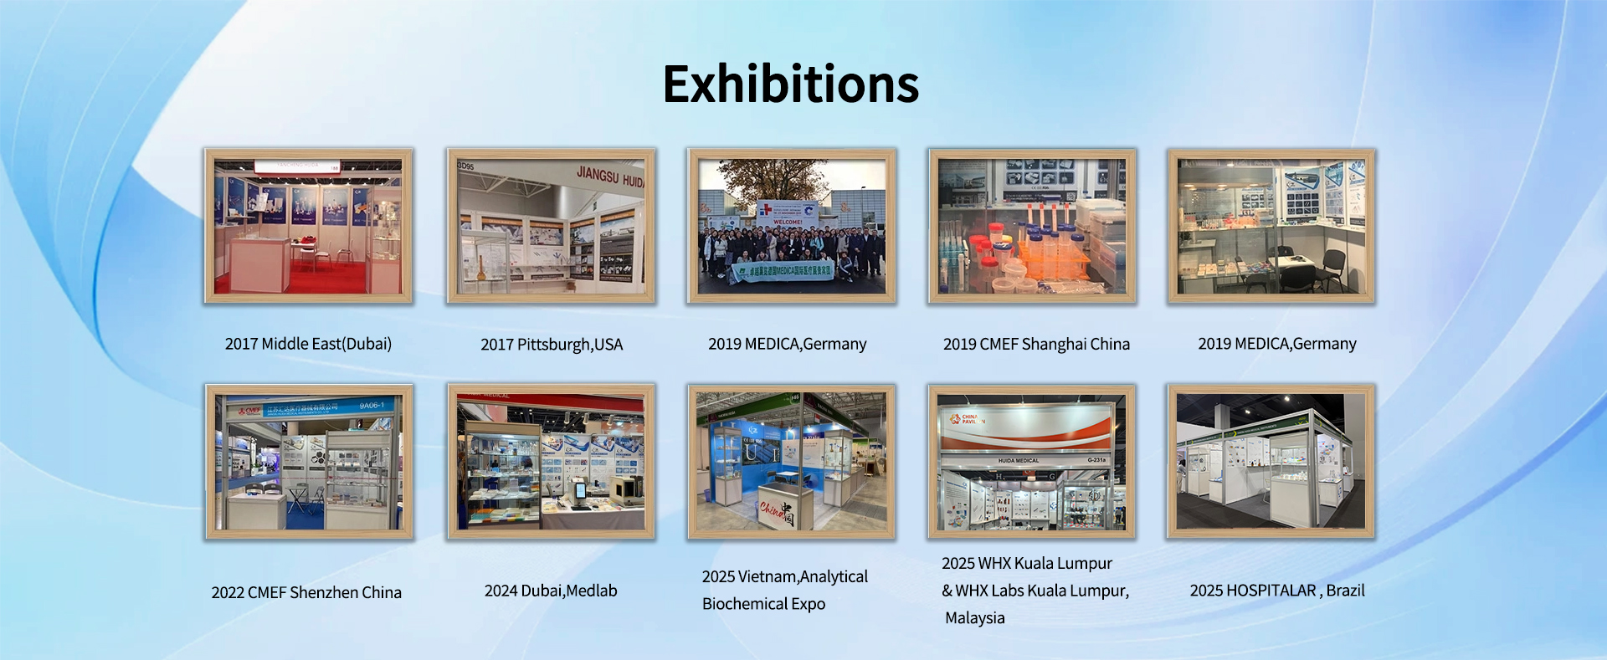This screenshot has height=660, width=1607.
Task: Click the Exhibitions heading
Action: (791, 84)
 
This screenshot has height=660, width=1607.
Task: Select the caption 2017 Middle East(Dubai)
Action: (308, 344)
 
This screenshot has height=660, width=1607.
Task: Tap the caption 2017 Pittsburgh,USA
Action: (552, 345)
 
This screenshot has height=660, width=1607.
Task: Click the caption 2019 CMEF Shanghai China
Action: (1036, 345)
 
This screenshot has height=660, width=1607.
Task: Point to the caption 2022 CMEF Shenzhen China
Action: (306, 592)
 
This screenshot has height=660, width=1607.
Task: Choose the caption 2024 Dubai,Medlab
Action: (551, 591)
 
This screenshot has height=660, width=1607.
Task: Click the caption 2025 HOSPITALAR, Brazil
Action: (1277, 591)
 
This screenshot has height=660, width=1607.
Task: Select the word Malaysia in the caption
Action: (975, 618)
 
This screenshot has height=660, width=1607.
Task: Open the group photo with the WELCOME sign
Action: (791, 226)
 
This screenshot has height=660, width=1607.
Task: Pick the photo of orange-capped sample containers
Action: (1031, 226)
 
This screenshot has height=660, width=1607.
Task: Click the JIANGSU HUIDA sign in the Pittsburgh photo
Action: (609, 177)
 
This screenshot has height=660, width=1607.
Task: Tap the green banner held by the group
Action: (783, 271)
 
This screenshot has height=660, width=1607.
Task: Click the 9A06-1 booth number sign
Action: (372, 406)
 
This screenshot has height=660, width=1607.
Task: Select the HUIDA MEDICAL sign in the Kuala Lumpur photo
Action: (1019, 460)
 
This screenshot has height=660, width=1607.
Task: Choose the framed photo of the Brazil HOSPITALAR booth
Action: (1271, 461)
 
